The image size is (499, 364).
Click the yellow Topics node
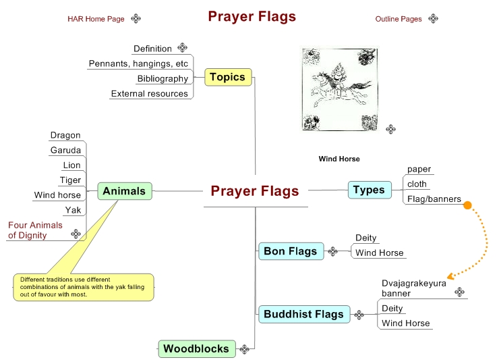point(227,77)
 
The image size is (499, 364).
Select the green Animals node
point(124,191)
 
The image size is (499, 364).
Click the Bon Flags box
point(290,251)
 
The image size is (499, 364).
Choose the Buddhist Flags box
point(303,314)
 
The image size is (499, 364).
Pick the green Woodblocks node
point(196,348)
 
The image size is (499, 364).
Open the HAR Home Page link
point(96,19)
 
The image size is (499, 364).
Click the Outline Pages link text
point(399,19)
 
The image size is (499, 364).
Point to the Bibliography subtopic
point(163,79)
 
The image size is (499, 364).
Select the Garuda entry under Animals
point(65,151)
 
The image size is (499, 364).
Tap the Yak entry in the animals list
point(73,210)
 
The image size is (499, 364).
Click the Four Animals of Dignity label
point(36,230)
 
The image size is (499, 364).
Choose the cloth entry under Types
point(417,184)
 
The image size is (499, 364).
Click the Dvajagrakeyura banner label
point(413,288)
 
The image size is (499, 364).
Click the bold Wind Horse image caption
point(339,159)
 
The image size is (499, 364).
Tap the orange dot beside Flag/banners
point(467,205)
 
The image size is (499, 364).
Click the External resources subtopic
point(149,94)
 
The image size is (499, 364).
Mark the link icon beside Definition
point(183,48)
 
